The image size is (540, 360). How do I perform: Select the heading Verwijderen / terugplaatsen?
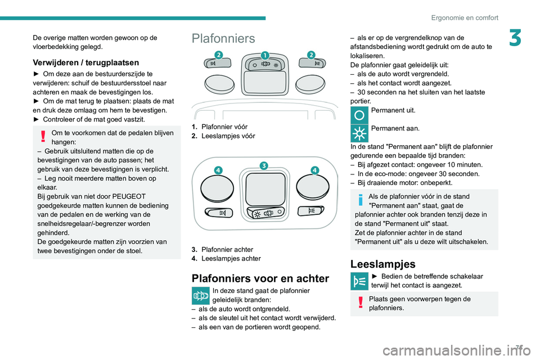click(x=85, y=62)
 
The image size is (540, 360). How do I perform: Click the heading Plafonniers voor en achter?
click(x=260, y=278)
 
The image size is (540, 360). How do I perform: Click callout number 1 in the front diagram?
click(x=264, y=55)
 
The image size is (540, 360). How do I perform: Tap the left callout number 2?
click(x=218, y=54)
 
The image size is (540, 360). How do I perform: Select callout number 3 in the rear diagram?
click(x=263, y=165)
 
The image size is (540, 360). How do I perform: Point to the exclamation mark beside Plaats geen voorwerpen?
click(x=359, y=304)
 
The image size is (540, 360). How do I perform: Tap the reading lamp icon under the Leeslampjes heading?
click(x=358, y=281)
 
